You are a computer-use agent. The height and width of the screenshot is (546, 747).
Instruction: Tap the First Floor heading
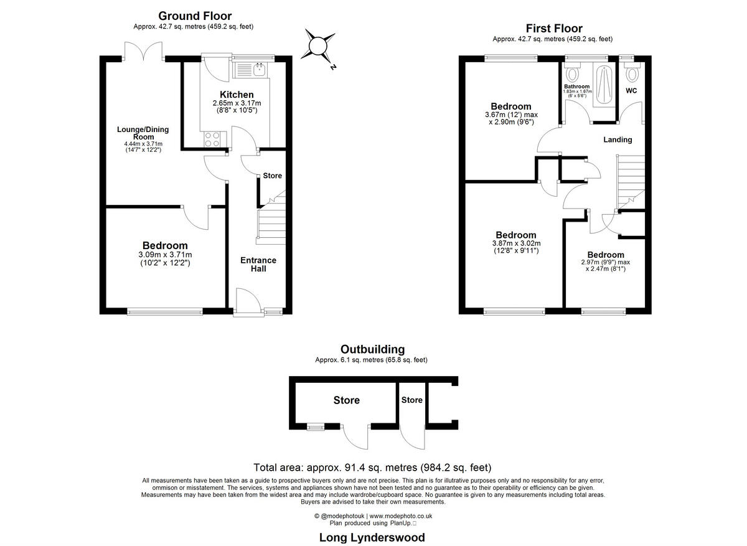[553, 28]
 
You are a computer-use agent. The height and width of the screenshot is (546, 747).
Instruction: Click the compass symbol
[318, 47]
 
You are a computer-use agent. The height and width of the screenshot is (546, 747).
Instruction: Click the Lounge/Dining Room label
[143, 133]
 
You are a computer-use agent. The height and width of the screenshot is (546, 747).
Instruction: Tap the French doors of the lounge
[143, 52]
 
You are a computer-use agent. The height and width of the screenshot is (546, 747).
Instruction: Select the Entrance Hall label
[258, 264]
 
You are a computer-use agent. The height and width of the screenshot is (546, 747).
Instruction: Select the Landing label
[617, 139]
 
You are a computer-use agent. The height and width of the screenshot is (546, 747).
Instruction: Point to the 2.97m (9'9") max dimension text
[604, 262]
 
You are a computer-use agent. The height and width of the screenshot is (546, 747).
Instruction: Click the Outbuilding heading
[372, 349]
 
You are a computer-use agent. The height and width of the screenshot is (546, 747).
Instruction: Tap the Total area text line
[372, 468]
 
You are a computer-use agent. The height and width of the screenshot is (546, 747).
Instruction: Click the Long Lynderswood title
[372, 537]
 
